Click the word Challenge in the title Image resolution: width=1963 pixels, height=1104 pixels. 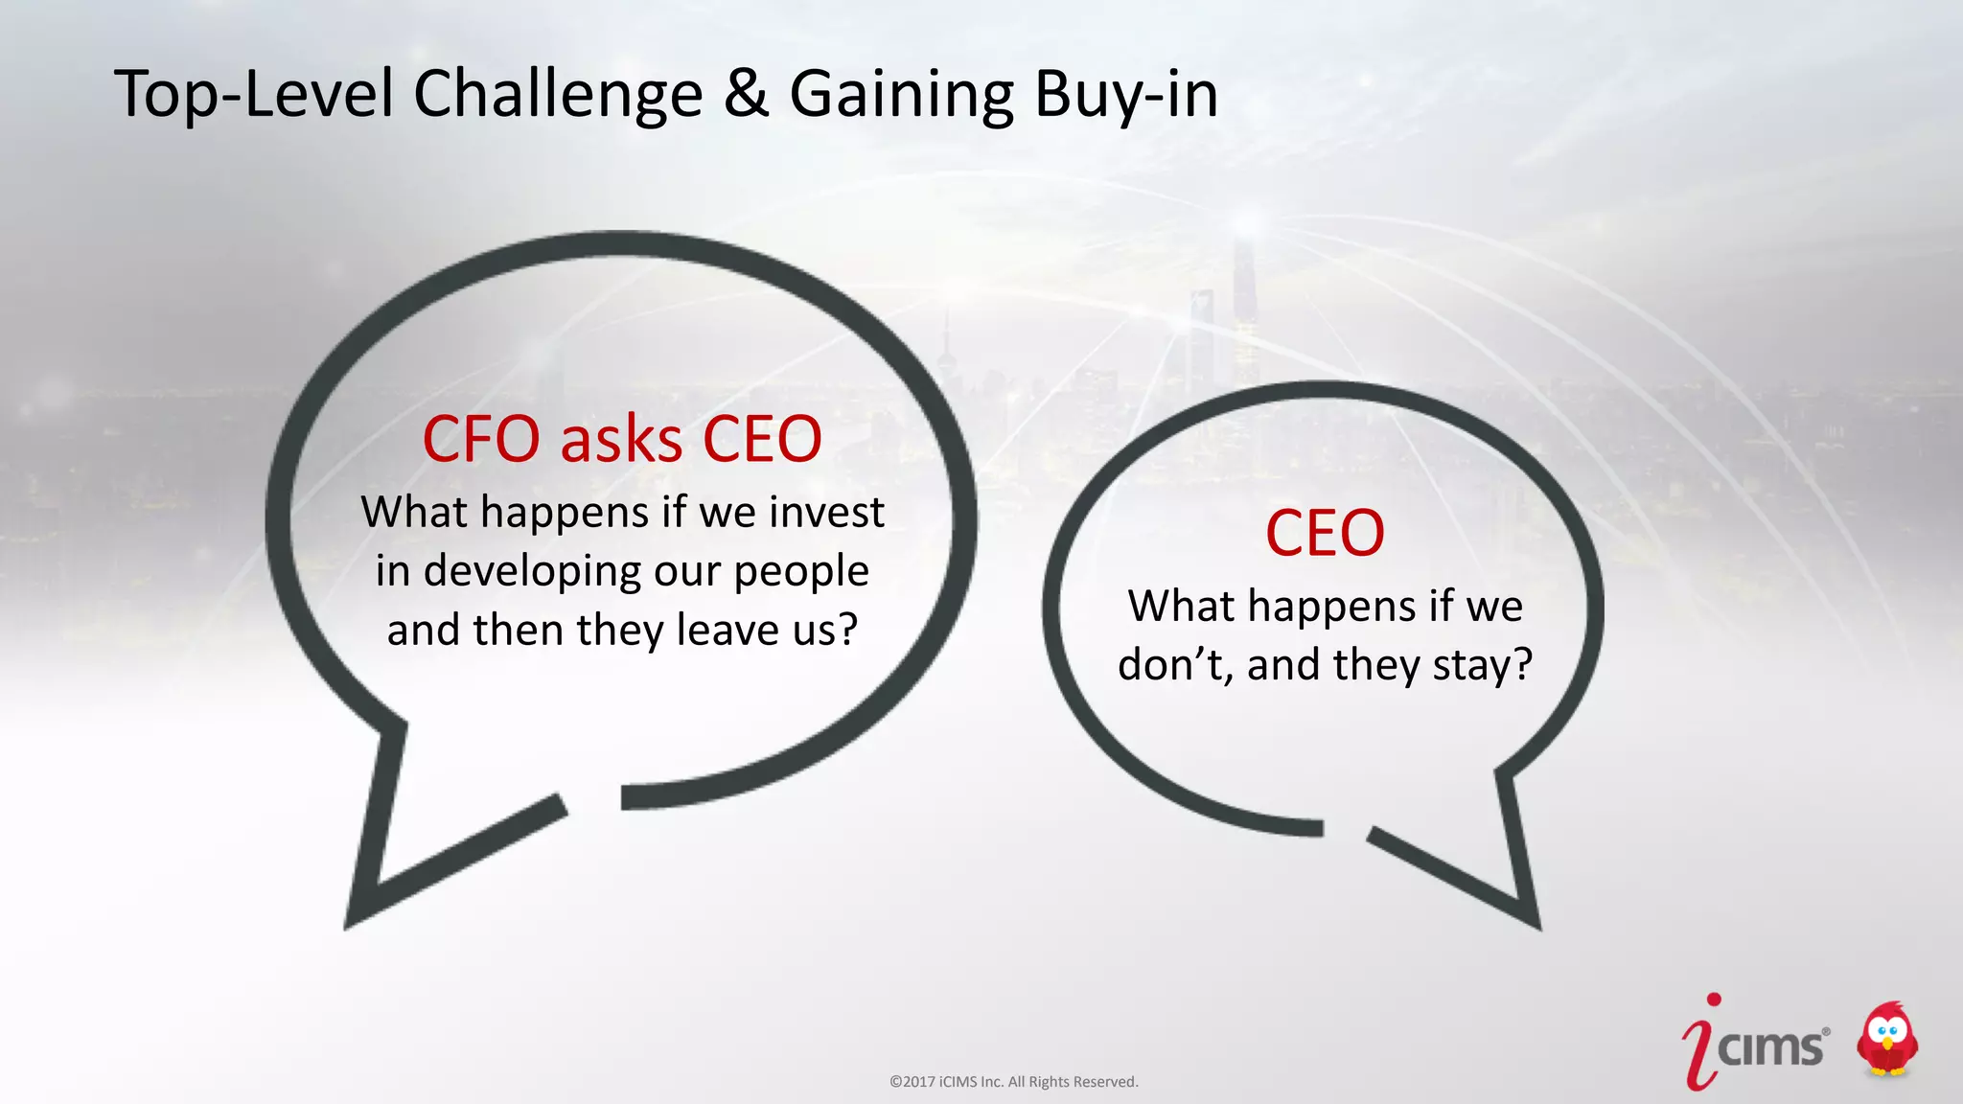pos(558,96)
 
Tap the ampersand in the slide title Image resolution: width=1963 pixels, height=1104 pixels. pos(746,94)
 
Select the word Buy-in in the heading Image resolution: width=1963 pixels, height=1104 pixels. pos(1125,96)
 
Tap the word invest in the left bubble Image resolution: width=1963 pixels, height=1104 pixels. pos(827,512)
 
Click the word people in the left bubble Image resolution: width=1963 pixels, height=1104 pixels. pos(801,572)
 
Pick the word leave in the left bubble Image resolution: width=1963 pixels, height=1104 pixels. pos(725,630)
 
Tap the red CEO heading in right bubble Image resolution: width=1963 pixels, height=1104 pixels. pos(1325,533)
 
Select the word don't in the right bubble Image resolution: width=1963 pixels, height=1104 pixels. pos(1173,664)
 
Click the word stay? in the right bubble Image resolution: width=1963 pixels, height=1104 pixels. pos(1483,664)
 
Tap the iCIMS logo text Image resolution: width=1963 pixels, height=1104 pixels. pos(1769,1047)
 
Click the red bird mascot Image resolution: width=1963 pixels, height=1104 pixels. pos(1886,1040)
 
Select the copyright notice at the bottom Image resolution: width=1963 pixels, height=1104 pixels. pos(1013,1082)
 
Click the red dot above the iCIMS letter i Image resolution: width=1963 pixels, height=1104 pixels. pos(1714,1000)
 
